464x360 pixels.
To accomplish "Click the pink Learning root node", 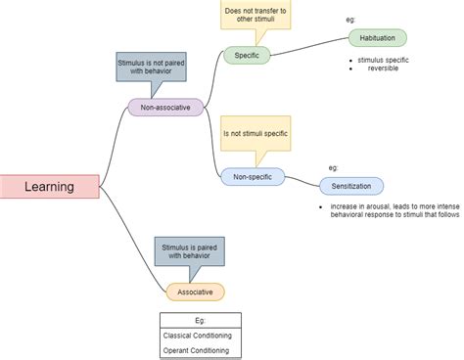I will (49, 186).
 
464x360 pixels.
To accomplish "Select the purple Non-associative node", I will (165, 107).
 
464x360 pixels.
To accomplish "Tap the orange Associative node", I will (195, 292).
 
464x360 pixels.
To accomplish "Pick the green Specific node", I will (246, 56).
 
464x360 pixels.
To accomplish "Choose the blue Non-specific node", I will (253, 176).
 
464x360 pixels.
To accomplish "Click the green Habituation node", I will (377, 38).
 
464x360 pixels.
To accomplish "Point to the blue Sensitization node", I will (351, 185).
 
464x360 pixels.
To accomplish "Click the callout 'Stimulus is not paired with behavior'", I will (153, 67).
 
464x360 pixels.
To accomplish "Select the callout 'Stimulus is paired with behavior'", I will (190, 251).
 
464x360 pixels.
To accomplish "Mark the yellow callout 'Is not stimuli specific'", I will (256, 132).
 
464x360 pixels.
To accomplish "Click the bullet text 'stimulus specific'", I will (383, 60).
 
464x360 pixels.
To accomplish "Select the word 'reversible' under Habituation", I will (383, 69).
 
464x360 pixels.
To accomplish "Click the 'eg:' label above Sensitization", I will (332, 166).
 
